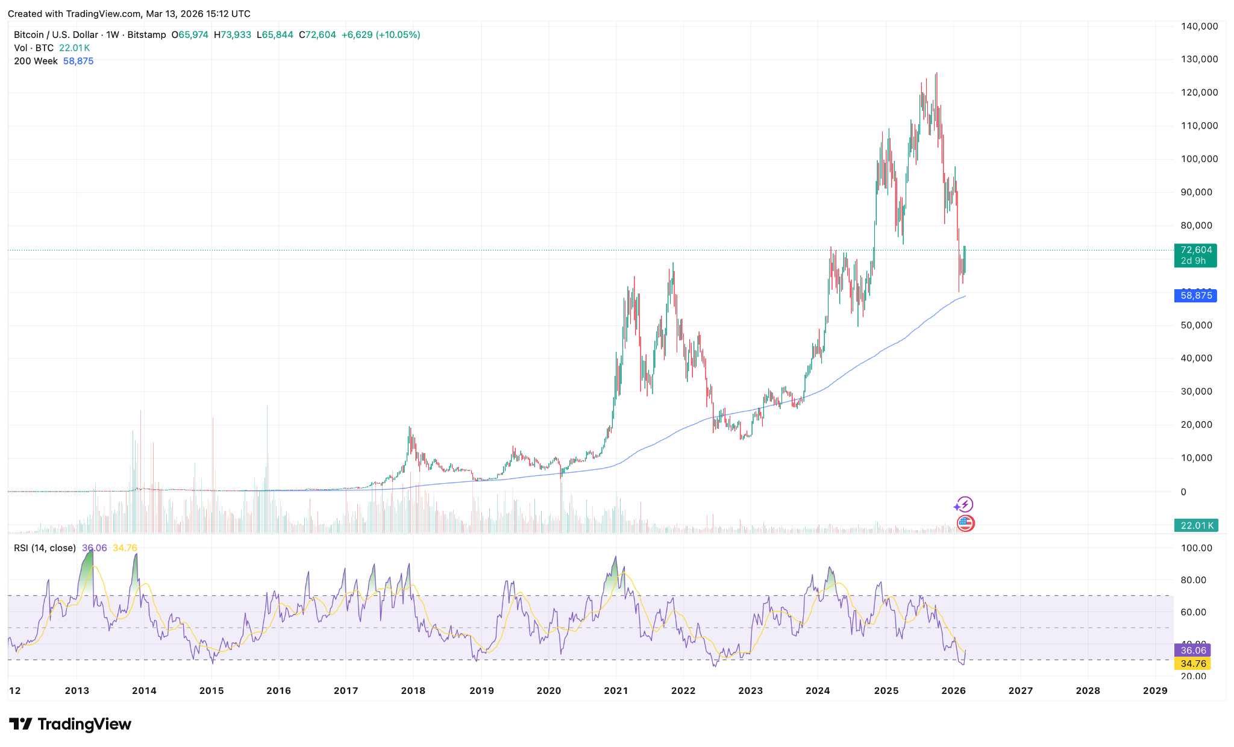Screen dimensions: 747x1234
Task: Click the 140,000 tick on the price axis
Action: click(x=1199, y=27)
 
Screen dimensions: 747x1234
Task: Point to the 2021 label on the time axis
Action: click(x=616, y=690)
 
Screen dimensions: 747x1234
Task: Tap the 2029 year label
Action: click(x=1155, y=690)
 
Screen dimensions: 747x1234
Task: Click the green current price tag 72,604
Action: click(x=1195, y=250)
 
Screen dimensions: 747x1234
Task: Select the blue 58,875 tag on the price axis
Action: click(x=1195, y=296)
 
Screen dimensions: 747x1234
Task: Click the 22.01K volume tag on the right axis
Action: click(x=1196, y=525)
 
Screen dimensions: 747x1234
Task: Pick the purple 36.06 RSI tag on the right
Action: click(x=1193, y=651)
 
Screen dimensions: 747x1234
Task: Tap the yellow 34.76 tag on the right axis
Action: click(x=1193, y=664)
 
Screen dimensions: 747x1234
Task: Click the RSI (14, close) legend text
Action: click(x=45, y=548)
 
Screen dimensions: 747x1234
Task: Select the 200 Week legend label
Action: click(x=36, y=61)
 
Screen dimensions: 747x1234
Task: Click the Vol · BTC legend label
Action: click(x=34, y=48)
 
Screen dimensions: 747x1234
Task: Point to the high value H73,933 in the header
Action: click(x=233, y=35)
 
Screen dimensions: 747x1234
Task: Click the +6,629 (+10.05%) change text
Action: click(x=381, y=35)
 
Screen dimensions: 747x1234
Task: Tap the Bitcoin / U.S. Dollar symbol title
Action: click(x=57, y=35)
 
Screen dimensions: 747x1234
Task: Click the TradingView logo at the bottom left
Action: click(x=70, y=724)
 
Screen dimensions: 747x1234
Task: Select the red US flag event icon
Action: click(x=965, y=523)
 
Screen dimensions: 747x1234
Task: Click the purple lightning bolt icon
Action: click(x=965, y=504)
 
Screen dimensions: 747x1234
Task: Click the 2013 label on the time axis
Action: click(x=77, y=690)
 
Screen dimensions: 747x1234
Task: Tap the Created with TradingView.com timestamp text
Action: click(x=129, y=13)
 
